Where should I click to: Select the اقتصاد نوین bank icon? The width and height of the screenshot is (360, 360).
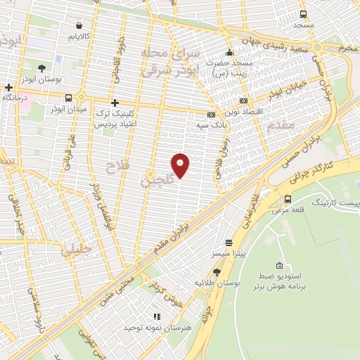tap(243, 101)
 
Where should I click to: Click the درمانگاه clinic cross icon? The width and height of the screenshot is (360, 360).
tap(8, 89)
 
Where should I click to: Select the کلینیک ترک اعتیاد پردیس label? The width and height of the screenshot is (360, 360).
tap(115, 117)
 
